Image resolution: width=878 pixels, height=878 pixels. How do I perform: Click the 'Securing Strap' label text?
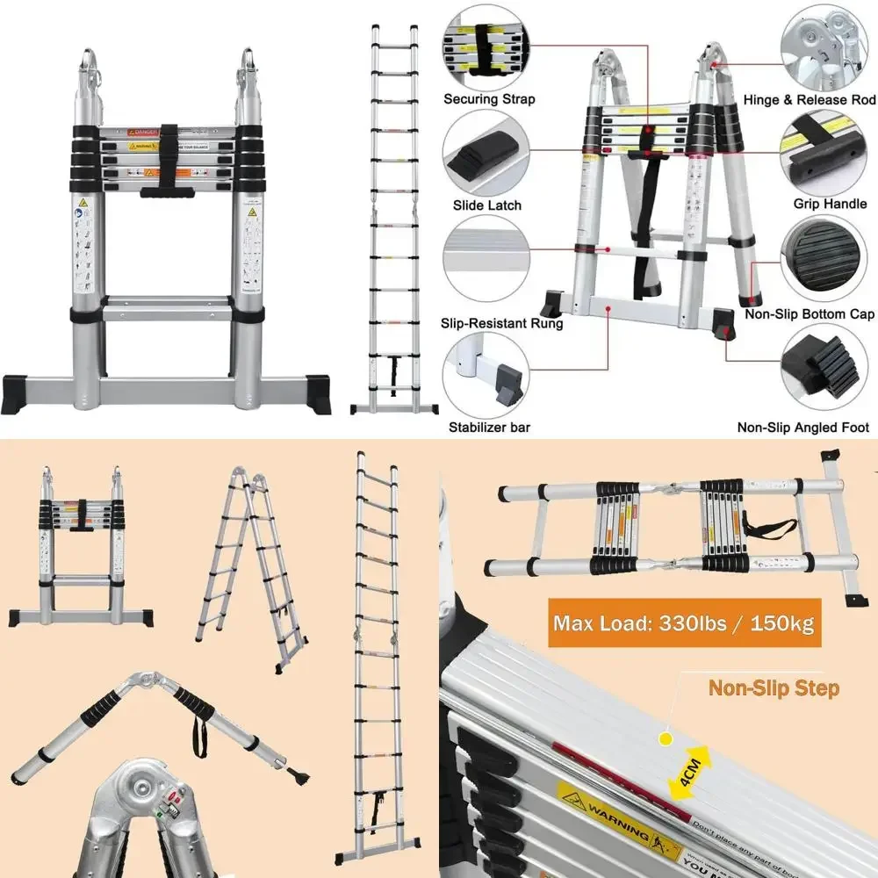[x=489, y=99]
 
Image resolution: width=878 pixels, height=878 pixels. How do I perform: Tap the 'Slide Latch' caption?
[x=487, y=205]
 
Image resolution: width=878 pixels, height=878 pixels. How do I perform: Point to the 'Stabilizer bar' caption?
[x=489, y=428]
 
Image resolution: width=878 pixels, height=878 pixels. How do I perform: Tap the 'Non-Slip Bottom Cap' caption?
[x=809, y=314]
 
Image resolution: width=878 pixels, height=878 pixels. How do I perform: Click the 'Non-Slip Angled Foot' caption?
[x=803, y=428]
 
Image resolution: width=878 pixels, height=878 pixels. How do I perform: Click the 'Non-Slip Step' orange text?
[x=773, y=687]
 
